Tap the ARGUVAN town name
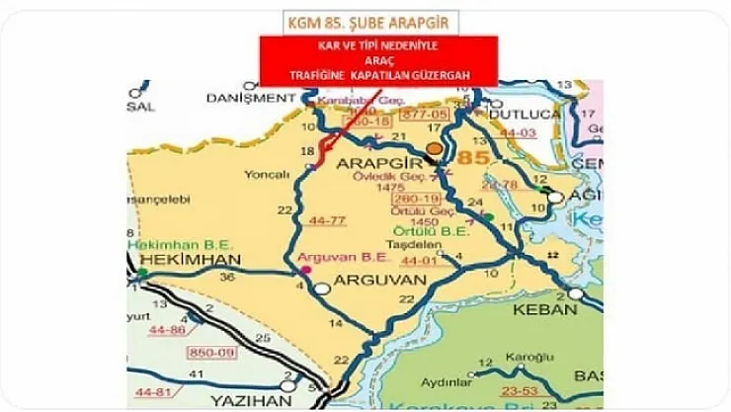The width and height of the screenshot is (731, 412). point(379,281)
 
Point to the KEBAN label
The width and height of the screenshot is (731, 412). point(544,309)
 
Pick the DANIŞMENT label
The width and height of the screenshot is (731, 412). point(245,98)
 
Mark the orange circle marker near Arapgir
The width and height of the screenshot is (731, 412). point(434,147)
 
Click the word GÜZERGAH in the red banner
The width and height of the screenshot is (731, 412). point(443,75)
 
